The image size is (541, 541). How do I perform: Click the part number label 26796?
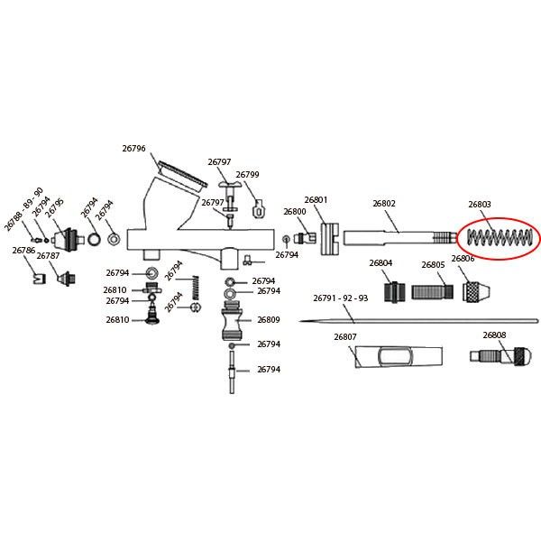tap(133, 149)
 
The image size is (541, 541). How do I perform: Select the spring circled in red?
tap(499, 237)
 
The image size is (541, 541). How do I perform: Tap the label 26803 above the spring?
tap(480, 205)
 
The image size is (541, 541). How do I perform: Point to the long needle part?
tap(418, 321)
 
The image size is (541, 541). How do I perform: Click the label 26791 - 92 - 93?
tap(341, 298)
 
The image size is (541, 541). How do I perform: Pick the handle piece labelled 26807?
tap(399, 357)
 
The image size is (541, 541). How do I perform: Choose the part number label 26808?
tap(494, 335)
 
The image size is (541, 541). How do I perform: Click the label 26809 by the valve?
tap(269, 320)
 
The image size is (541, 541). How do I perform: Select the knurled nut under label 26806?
tap(476, 291)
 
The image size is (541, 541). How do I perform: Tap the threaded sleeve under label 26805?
tap(433, 292)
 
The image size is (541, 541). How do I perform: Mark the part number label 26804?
tap(381, 263)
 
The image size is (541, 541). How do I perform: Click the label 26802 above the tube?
tap(384, 204)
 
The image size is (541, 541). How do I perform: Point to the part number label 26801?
tap(316, 200)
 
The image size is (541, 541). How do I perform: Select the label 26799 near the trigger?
tap(247, 175)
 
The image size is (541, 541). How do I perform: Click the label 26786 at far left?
tap(23, 250)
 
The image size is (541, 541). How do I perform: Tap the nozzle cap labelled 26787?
tap(66, 278)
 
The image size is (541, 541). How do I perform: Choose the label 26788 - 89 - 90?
tap(23, 209)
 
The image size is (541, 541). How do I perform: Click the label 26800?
tap(295, 212)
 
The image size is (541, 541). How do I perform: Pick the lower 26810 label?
tap(117, 320)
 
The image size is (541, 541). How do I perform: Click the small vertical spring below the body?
tap(196, 288)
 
